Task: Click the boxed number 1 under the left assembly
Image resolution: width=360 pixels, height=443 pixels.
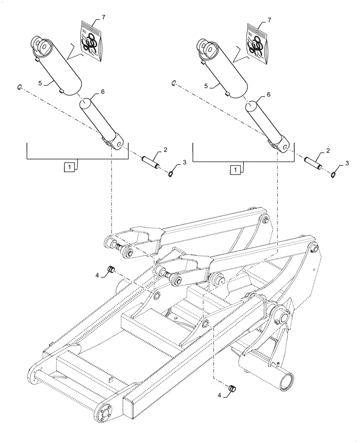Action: point(69,167)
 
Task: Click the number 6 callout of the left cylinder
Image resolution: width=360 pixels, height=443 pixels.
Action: point(102,91)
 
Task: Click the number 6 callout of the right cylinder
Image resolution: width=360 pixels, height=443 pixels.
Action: point(268,95)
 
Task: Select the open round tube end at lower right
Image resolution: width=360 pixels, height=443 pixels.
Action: point(287,380)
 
